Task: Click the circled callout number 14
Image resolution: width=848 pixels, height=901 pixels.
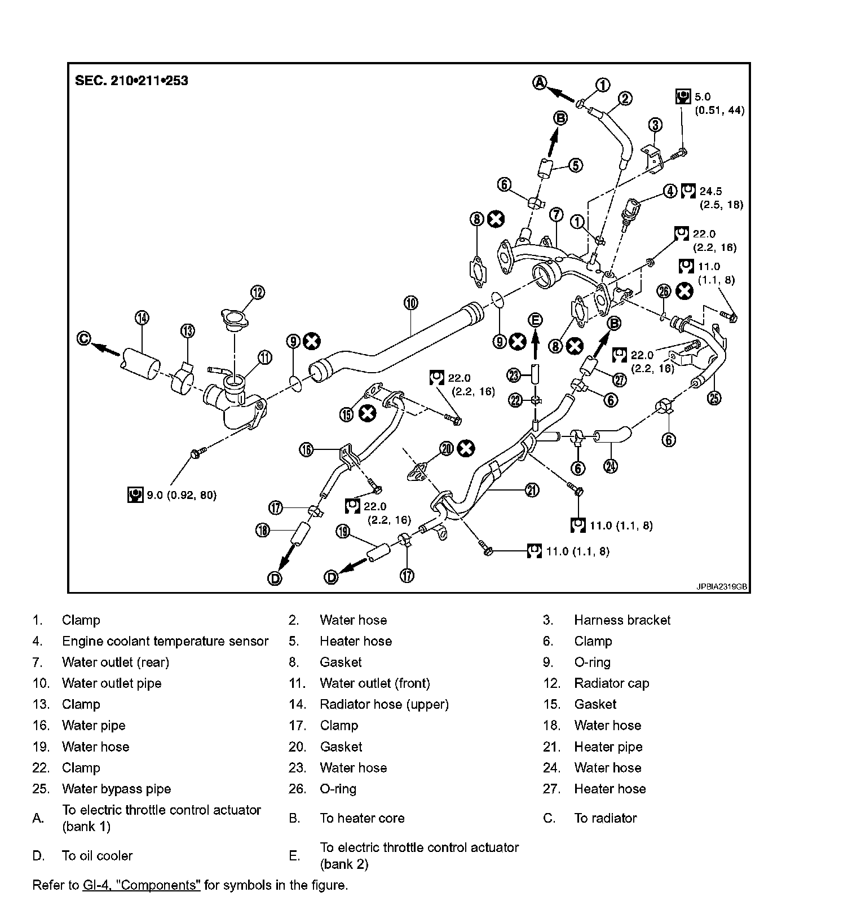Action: (x=142, y=318)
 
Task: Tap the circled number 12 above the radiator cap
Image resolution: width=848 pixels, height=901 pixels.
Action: (x=257, y=292)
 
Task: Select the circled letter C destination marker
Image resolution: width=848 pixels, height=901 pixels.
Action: (x=84, y=338)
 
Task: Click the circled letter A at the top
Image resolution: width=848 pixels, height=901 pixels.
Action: (x=540, y=82)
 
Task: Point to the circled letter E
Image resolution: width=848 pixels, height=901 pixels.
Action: (x=535, y=320)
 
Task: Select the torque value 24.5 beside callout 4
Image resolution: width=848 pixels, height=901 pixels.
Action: (x=710, y=192)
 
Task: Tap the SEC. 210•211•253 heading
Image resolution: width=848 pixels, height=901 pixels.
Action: (x=131, y=80)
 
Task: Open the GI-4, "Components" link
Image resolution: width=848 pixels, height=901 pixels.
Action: (x=142, y=885)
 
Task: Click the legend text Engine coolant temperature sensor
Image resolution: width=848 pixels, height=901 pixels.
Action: (x=165, y=641)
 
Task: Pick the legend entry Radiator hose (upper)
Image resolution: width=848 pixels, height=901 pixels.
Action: (x=384, y=704)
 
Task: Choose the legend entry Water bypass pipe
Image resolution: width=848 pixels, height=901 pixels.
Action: (x=116, y=789)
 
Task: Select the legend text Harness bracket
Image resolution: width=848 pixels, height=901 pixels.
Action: (x=622, y=620)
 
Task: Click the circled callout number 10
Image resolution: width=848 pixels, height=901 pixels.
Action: (x=411, y=303)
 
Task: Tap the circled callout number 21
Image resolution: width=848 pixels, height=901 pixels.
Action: (x=532, y=490)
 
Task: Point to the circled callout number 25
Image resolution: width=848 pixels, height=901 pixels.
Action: (x=714, y=398)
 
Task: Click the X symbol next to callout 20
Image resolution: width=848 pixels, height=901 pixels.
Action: (x=466, y=449)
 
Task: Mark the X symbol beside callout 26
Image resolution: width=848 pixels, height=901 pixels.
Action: (x=684, y=291)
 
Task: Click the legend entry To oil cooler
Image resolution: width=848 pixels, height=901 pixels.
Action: (x=97, y=855)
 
